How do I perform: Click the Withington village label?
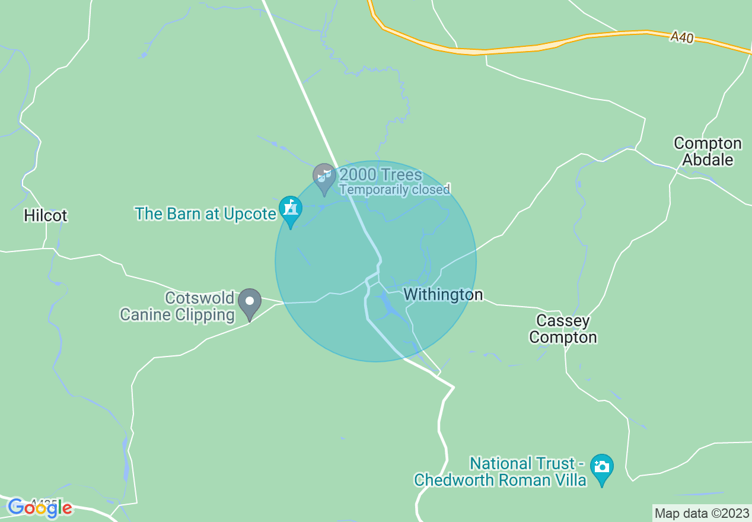tap(443, 294)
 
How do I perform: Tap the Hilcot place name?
tap(46, 215)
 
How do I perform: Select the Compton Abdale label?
tap(708, 151)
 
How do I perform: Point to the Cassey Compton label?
tap(563, 329)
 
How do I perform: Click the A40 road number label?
tap(682, 37)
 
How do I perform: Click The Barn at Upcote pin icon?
tap(291, 209)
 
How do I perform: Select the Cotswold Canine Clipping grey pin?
tap(250, 302)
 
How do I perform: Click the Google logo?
tap(40, 508)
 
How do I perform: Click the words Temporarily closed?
tap(394, 190)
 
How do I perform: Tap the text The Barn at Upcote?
tap(205, 214)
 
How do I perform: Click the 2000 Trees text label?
tap(381, 175)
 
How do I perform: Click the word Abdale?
tap(708, 160)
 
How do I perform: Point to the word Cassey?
tap(563, 321)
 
